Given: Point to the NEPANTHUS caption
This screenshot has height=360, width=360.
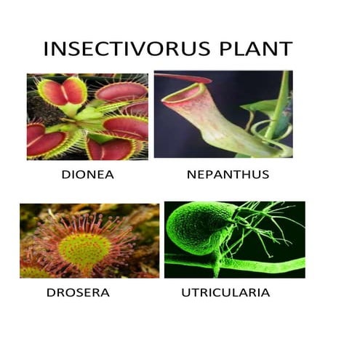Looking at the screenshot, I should pyautogui.click(x=228, y=175).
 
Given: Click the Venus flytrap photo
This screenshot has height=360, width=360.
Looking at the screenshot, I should pyautogui.click(x=87, y=116).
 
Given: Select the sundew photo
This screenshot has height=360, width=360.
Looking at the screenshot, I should pyautogui.click(x=89, y=240).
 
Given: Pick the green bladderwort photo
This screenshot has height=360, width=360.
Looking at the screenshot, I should pyautogui.click(x=234, y=240).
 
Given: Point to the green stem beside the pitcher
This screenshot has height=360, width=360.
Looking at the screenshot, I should pyautogui.click(x=278, y=109).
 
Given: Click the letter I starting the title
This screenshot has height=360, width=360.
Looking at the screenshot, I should pyautogui.click(x=47, y=49).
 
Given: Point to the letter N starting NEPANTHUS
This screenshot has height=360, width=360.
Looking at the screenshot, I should pyautogui.click(x=191, y=175).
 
